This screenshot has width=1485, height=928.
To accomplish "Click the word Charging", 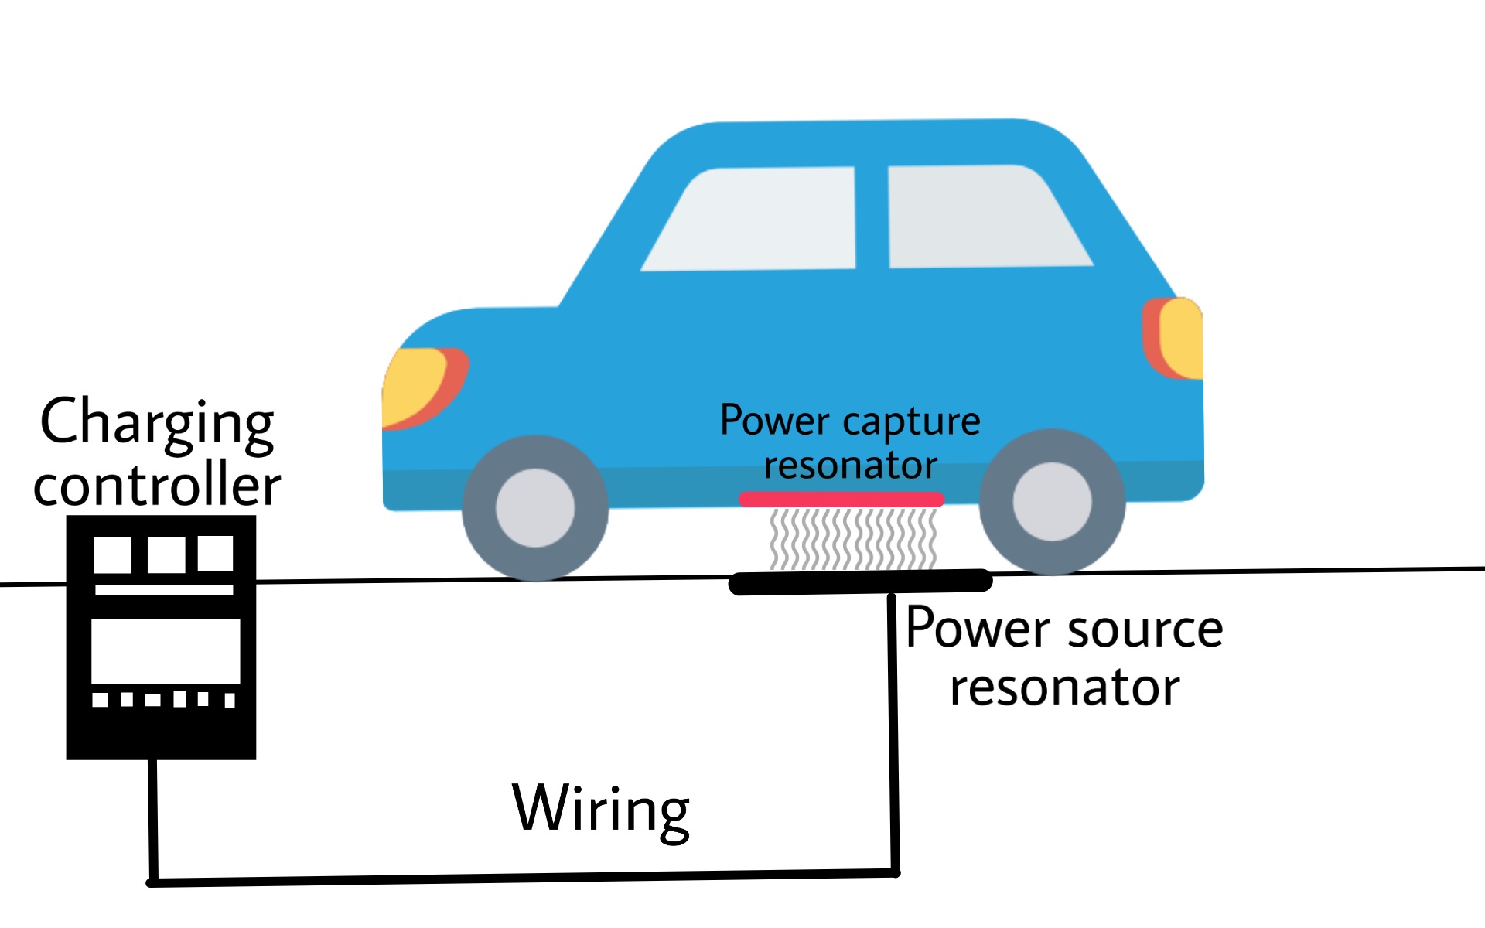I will [x=157, y=423].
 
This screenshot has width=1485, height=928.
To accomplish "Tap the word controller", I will [x=157, y=485].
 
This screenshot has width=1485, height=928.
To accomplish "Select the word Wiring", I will [x=600, y=809].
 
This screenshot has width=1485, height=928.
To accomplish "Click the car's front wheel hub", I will [x=535, y=508].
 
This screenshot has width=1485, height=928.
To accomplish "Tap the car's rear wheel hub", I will [x=1052, y=502].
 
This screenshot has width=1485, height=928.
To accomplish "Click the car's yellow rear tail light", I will [x=1182, y=338].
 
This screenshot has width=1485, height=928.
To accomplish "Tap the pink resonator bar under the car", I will [x=841, y=500].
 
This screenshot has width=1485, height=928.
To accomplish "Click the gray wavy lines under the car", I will [x=853, y=538].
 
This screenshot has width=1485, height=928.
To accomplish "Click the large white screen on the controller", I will [x=166, y=650].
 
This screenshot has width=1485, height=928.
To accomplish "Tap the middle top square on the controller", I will [x=166, y=554].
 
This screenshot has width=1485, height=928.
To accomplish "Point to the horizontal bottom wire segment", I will [x=523, y=878].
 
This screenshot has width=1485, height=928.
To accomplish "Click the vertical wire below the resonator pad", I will [x=893, y=735].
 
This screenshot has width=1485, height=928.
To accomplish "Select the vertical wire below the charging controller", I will [x=153, y=820].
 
